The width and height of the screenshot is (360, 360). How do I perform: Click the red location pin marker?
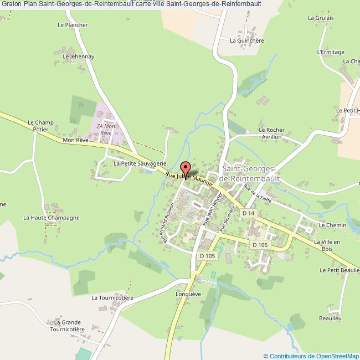pos(186,168)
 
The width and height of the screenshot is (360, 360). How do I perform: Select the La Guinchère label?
pos(246,40)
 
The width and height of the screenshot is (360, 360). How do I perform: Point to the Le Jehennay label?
pos(78,56)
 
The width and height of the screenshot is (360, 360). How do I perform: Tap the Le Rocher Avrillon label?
pos(270,133)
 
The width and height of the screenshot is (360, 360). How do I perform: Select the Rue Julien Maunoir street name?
pos(190,178)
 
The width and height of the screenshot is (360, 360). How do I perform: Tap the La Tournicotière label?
pos(113,297)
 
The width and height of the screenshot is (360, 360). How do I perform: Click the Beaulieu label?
pos(330,318)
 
